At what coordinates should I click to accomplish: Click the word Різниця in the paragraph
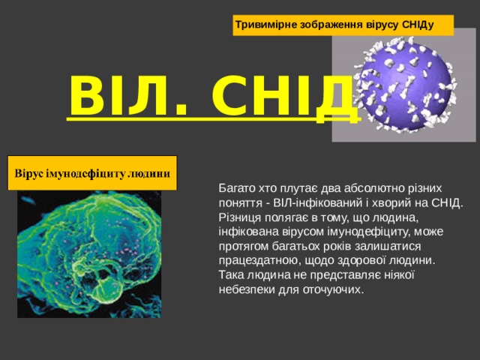(x=237, y=217)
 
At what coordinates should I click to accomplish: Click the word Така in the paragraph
(x=230, y=274)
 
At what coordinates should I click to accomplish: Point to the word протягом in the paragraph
(x=242, y=246)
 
